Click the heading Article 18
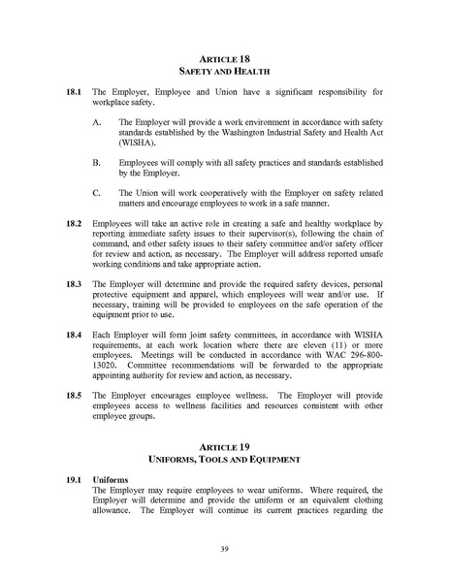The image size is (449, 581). [224, 59]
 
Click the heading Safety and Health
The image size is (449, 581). [224, 74]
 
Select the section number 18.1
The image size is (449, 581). [73, 101]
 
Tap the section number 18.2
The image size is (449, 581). [73, 223]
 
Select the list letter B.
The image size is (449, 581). [96, 164]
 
